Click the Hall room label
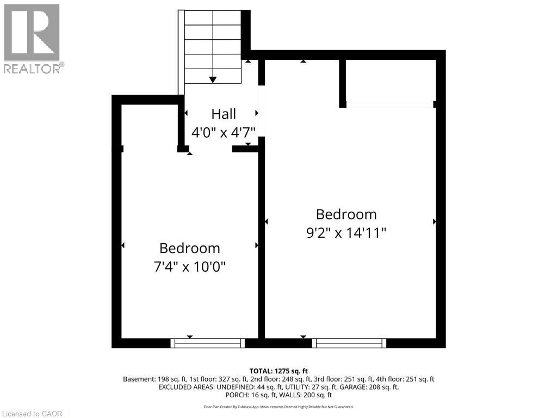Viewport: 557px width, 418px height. (x=224, y=114)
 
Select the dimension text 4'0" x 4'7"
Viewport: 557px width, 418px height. (x=224, y=132)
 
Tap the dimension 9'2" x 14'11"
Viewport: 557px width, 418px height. (x=346, y=233)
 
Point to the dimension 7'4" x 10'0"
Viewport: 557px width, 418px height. (x=189, y=267)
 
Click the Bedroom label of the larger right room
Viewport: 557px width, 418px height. (x=346, y=214)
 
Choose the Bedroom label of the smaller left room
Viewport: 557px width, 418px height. (x=189, y=248)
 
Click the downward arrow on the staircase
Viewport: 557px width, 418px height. (x=213, y=79)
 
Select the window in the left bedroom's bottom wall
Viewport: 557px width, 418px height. (x=207, y=343)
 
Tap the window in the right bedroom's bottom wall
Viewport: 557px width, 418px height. (x=349, y=343)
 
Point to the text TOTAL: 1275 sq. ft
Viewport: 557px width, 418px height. (x=278, y=371)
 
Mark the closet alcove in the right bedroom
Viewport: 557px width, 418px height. (x=390, y=80)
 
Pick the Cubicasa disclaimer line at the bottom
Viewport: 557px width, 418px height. (x=278, y=407)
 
